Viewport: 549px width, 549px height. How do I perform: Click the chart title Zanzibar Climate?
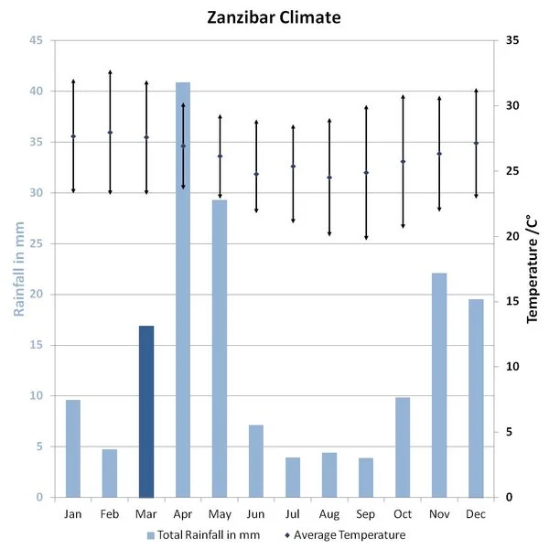[x=275, y=17]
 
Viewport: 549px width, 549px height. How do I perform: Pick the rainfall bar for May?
[x=220, y=348]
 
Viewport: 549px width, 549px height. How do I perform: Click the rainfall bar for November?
[x=439, y=384]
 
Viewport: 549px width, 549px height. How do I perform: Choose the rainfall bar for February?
[x=110, y=473]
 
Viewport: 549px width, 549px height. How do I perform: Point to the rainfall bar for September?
[x=366, y=477]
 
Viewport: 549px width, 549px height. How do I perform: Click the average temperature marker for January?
[x=73, y=136]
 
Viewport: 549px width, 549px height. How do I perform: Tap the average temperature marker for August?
[x=329, y=178]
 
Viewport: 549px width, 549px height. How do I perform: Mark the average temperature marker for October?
[x=403, y=162]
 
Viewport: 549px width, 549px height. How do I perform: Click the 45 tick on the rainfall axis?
[x=36, y=40]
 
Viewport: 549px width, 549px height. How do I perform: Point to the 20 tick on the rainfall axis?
[x=36, y=295]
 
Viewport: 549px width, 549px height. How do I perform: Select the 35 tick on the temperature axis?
[x=511, y=40]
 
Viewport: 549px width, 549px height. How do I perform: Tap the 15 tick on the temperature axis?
[x=511, y=302]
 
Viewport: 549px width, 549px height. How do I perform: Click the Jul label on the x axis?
[x=293, y=514]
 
